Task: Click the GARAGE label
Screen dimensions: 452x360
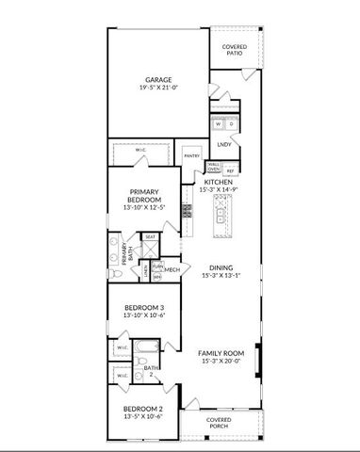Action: (x=157, y=79)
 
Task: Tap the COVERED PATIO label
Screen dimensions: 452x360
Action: (x=234, y=50)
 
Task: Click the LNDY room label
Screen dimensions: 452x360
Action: (x=224, y=144)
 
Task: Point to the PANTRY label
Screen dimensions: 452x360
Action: (x=192, y=155)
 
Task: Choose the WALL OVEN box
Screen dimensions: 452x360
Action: (x=214, y=169)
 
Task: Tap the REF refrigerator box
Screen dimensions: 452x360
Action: (x=230, y=170)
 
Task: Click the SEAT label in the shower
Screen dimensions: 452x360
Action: (x=150, y=237)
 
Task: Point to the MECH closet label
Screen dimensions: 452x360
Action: (x=172, y=270)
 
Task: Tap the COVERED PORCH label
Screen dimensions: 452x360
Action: (x=219, y=423)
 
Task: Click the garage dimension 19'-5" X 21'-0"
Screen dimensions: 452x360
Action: (x=157, y=88)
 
